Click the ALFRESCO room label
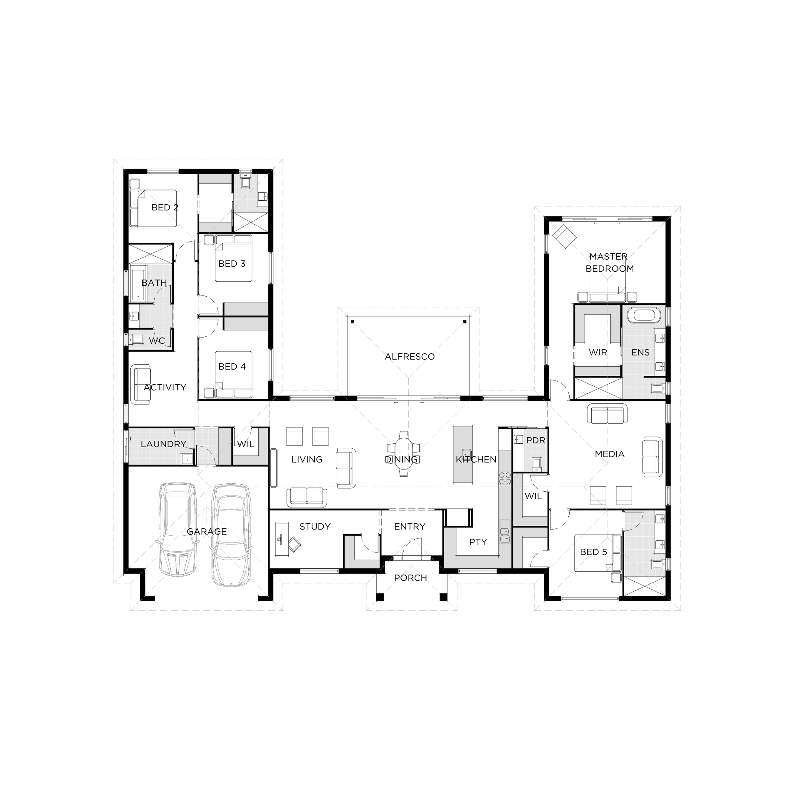[x=410, y=357]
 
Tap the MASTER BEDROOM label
[x=610, y=262]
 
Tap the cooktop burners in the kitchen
[x=505, y=478]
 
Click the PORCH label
[x=410, y=578]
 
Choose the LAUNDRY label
[x=163, y=444]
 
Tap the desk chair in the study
[x=295, y=543]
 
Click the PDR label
[x=536, y=440]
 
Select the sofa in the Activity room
[x=140, y=384]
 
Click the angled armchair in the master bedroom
[x=564, y=237]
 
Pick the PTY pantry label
[x=478, y=542]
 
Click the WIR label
[x=598, y=352]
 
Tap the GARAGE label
[x=207, y=532]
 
